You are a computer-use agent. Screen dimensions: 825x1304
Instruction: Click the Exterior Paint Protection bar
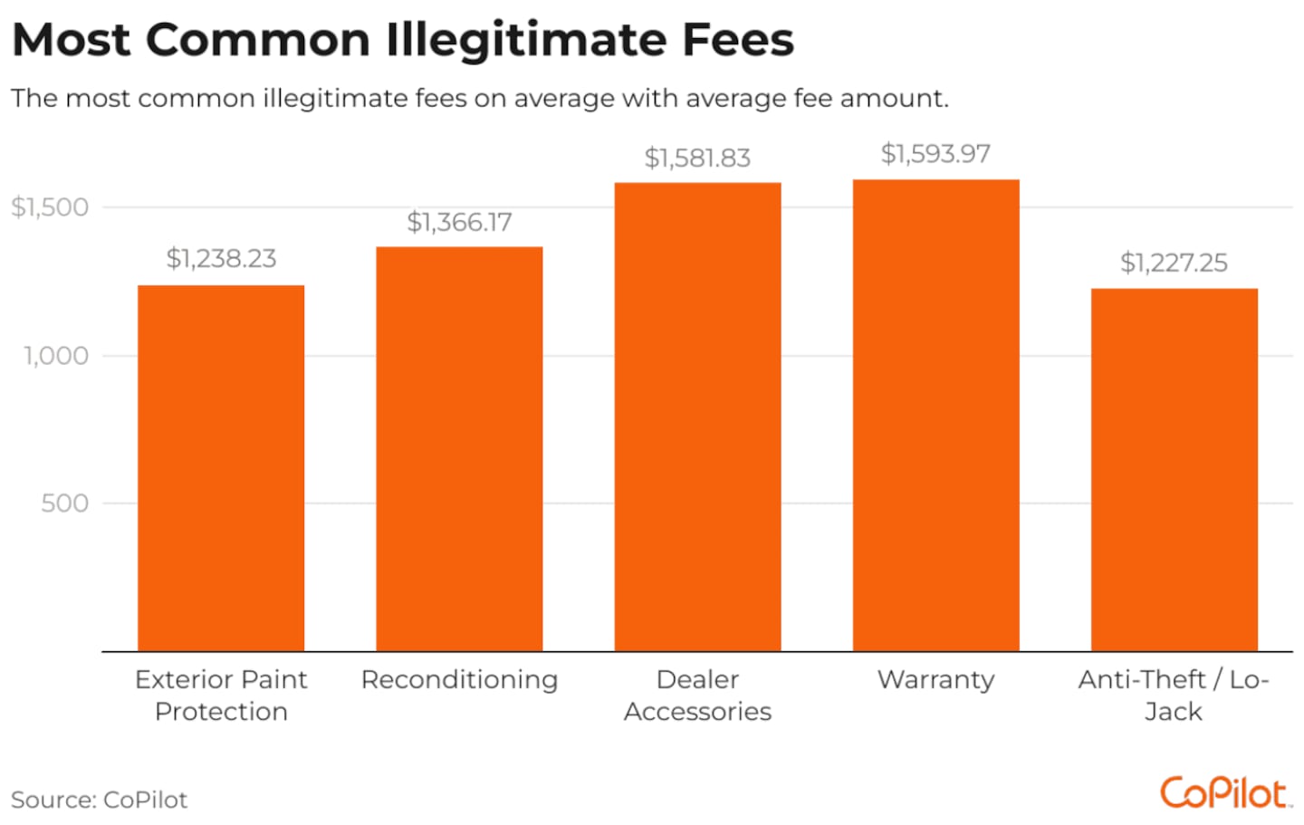[x=221, y=468]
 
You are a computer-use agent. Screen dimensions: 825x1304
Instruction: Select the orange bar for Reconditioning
[x=459, y=449]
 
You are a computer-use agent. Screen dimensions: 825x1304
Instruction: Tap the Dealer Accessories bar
[x=697, y=417]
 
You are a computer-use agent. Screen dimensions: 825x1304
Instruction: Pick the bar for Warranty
[x=935, y=415]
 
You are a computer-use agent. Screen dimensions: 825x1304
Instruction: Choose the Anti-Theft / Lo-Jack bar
[x=1174, y=470]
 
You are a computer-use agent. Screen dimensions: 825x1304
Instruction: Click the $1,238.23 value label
[x=221, y=259]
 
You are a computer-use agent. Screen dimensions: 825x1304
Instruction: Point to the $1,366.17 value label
[x=459, y=222]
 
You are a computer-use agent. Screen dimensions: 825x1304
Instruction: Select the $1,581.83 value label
[x=697, y=158]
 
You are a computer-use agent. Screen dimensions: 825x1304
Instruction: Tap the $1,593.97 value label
[x=935, y=154]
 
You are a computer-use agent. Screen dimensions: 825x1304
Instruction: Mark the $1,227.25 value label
[x=1174, y=263]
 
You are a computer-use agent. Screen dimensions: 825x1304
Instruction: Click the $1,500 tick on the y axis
[x=50, y=207]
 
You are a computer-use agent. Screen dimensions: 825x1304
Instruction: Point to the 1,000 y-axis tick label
[x=56, y=356]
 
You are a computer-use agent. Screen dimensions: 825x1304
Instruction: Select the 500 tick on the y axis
[x=64, y=504]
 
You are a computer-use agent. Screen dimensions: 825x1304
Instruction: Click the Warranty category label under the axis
[x=935, y=679]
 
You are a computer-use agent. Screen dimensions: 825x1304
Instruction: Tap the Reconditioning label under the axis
[x=459, y=679]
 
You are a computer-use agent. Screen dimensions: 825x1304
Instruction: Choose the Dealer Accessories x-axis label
[x=697, y=695]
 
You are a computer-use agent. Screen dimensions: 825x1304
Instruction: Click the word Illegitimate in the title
[x=526, y=41]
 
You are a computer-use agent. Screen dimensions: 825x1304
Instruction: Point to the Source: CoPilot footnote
[x=99, y=800]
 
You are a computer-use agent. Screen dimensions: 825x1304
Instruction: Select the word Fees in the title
[x=737, y=41]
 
